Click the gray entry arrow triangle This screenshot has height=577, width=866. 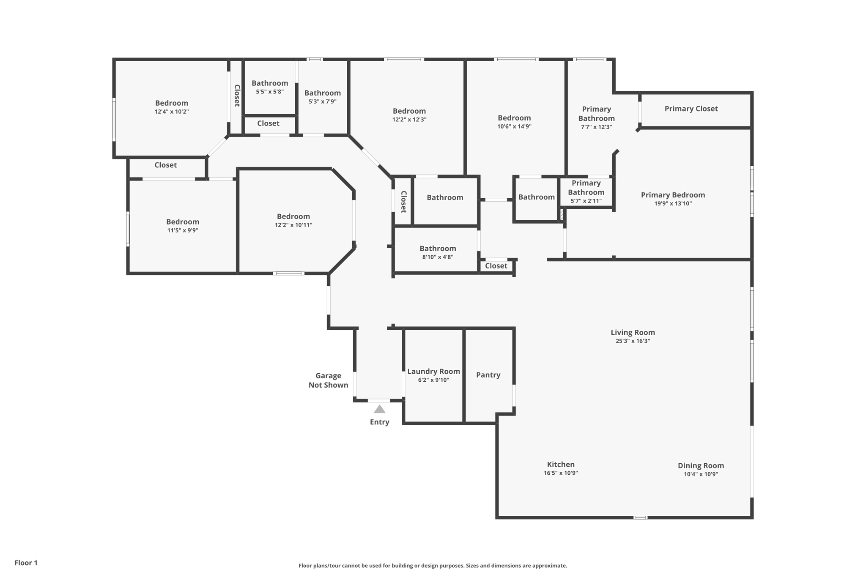pos(379,409)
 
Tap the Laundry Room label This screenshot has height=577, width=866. pos(433,372)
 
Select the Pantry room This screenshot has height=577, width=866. pos(488,375)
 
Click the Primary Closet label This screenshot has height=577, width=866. pos(691,109)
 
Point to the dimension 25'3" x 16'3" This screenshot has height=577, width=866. pos(633,341)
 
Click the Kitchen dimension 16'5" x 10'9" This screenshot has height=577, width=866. pos(561,473)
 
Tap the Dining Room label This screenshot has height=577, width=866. pos(701,465)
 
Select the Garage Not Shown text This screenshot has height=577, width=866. pos(328,380)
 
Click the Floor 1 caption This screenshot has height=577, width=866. pos(26,563)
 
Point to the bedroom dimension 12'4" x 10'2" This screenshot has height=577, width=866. pos(172,112)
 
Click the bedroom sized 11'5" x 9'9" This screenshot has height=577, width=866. pos(183,226)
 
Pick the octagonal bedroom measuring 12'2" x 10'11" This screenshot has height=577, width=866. pos(293,220)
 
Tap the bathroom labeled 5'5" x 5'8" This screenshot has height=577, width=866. pos(270,87)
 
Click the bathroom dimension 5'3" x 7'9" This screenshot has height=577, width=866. pos(323,101)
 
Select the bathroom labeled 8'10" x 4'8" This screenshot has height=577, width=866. pos(438,252)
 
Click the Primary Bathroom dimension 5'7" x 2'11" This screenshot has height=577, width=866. pos(586,201)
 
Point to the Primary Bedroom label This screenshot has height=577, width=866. pos(673,195)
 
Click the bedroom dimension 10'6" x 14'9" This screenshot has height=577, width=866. pos(514,126)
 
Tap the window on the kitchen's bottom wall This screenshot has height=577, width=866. pos(640,517)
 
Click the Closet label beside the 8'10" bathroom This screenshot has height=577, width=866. pos(496,266)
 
